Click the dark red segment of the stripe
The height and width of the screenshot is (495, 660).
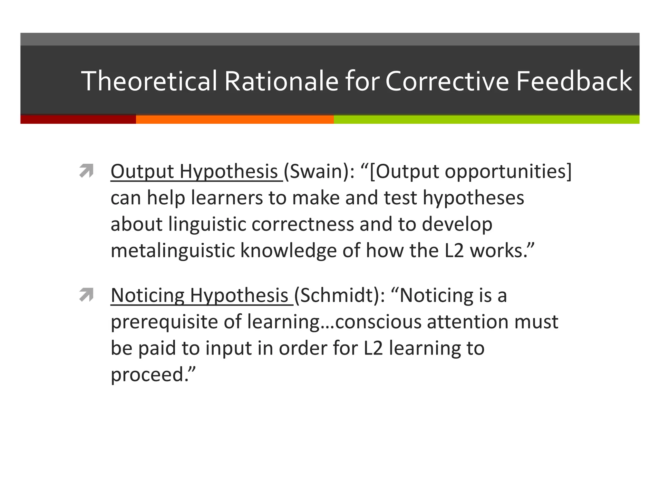[78, 119]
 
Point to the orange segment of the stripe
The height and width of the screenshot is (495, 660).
[235, 119]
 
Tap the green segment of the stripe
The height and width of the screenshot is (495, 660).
[486, 119]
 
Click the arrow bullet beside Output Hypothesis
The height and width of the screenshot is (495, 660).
[86, 171]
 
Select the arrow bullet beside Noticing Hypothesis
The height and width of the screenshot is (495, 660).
[86, 295]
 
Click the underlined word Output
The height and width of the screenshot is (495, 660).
[142, 171]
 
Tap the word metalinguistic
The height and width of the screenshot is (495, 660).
[173, 250]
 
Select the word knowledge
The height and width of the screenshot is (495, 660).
[288, 250]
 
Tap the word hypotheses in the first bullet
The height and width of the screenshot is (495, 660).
[473, 198]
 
